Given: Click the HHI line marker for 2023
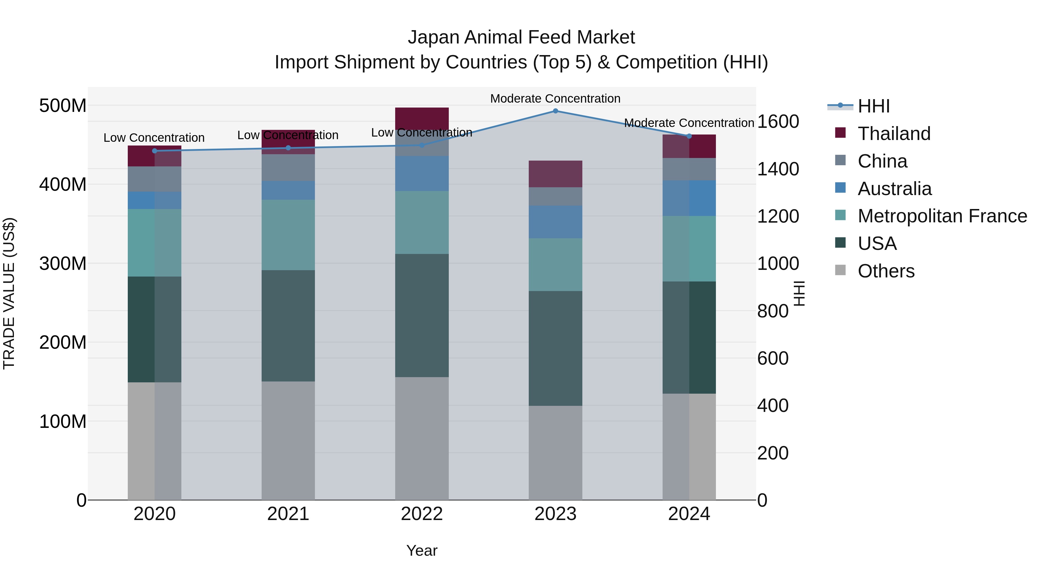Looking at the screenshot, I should (555, 111).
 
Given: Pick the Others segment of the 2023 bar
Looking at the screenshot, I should (555, 452).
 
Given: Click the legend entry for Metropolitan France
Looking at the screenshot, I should (942, 216).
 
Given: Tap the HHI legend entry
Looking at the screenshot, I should (873, 106).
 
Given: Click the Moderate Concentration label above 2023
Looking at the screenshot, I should (555, 99).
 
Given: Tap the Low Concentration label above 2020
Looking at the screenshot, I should (154, 138).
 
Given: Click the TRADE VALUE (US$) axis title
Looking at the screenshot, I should (9, 293).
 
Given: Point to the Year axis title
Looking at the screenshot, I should (422, 550).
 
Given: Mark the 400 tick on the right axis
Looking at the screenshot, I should (772, 406).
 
